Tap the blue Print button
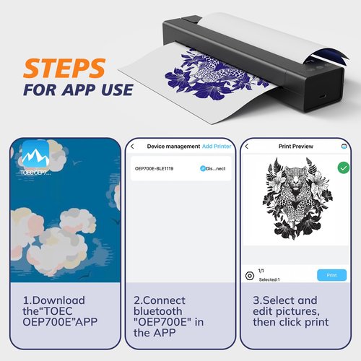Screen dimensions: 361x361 pos(331,275)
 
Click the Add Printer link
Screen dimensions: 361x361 pos(217,146)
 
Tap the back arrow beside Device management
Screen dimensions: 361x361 pos(132,146)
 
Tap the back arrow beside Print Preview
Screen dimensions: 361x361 pos(247,146)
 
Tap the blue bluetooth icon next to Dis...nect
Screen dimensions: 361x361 pos(204,168)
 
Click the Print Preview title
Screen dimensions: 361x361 pos(297,146)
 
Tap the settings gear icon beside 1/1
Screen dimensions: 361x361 pos(249,275)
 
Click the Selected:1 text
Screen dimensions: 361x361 pos(269,279)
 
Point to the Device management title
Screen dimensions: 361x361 pos(173,146)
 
